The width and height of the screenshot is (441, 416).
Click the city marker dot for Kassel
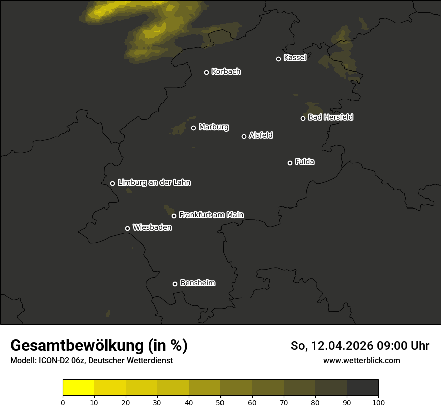[x=278, y=59]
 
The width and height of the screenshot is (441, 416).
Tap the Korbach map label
[x=226, y=72]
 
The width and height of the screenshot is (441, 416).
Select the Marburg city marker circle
[x=193, y=128]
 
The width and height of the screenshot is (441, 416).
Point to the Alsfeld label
[x=261, y=136]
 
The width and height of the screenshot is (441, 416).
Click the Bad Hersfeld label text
[x=330, y=117]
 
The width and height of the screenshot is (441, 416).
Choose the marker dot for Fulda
[x=290, y=163]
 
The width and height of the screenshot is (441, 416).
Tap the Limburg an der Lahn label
[x=154, y=183]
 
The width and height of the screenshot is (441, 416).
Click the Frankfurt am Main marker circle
[x=174, y=216]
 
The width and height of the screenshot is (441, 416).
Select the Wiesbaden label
[x=152, y=228]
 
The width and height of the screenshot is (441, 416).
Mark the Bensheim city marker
[x=175, y=284]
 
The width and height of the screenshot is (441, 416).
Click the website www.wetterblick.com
[x=362, y=360]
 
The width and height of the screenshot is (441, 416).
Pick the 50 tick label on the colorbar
[x=220, y=402]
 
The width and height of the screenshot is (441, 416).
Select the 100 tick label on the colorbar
[x=378, y=402]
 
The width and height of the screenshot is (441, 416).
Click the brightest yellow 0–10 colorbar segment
[x=78, y=388]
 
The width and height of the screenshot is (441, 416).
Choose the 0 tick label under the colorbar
[x=63, y=402]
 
